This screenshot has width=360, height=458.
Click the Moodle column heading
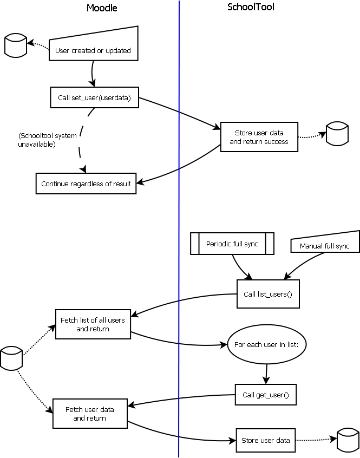click(x=102, y=8)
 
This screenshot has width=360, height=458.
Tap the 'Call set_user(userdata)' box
click(x=94, y=97)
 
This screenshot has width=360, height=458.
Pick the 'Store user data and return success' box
click(x=259, y=137)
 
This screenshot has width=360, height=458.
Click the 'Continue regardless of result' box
click(x=86, y=184)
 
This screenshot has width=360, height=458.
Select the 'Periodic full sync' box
click(x=232, y=244)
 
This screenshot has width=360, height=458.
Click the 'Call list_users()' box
click(x=268, y=294)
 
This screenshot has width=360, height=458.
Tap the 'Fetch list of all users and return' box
click(x=93, y=324)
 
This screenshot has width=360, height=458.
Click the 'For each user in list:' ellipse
click(x=267, y=344)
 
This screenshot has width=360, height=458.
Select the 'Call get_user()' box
click(x=266, y=395)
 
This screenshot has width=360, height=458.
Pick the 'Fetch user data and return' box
click(x=90, y=414)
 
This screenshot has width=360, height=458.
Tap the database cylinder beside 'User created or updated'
click(x=15, y=45)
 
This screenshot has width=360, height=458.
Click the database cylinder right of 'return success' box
click(x=337, y=134)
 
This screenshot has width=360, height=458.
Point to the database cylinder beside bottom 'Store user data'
click(x=348, y=440)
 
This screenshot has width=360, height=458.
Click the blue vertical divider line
click(x=179, y=227)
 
